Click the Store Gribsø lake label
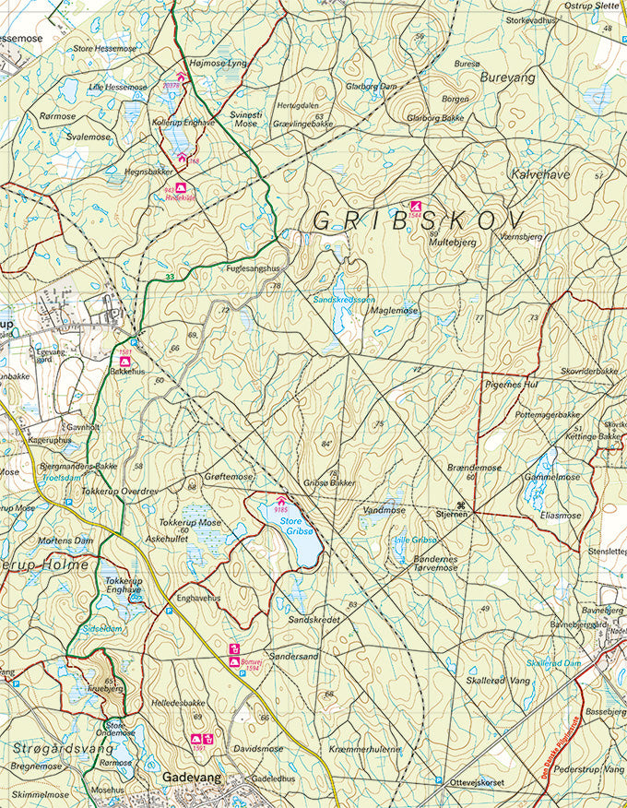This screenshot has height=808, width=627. click(298, 526)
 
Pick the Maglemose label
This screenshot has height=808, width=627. click(394, 311)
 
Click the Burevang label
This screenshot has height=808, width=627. click(507, 78)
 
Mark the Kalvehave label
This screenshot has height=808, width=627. click(535, 172)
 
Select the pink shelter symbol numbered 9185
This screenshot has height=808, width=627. click(281, 501)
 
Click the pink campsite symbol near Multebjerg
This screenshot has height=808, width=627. click(416, 206)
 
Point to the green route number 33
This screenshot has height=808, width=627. click(169, 277)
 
